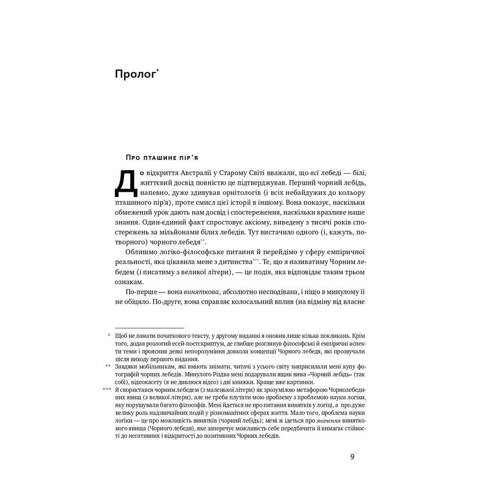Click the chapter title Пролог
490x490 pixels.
point(135,75)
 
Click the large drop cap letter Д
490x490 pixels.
point(125,183)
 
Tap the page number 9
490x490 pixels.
point(352,457)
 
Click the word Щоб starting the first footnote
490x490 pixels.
point(121,336)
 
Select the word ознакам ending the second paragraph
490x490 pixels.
point(129,282)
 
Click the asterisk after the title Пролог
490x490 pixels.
point(157,71)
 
